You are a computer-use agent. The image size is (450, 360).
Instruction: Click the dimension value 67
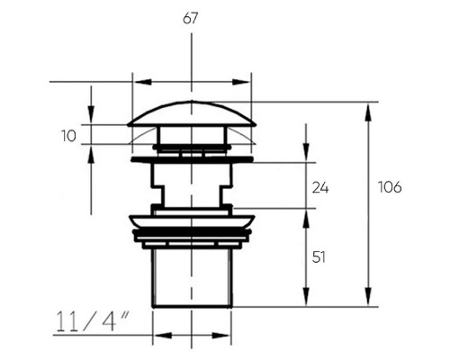point(191,19)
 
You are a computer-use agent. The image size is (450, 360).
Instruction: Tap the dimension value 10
point(68,136)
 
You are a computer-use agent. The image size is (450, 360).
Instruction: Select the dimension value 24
point(320,188)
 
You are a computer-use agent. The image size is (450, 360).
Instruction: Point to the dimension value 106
point(390,187)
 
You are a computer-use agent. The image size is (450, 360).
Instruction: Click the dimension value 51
point(319,257)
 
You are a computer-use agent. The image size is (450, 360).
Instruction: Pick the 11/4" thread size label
point(93,321)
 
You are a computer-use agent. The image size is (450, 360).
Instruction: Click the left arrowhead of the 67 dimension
point(143,82)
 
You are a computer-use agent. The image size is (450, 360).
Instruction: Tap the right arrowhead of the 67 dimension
point(241,82)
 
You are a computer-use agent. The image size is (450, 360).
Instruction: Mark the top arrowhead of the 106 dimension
point(368,112)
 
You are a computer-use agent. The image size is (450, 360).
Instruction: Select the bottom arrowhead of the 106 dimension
point(368,297)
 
